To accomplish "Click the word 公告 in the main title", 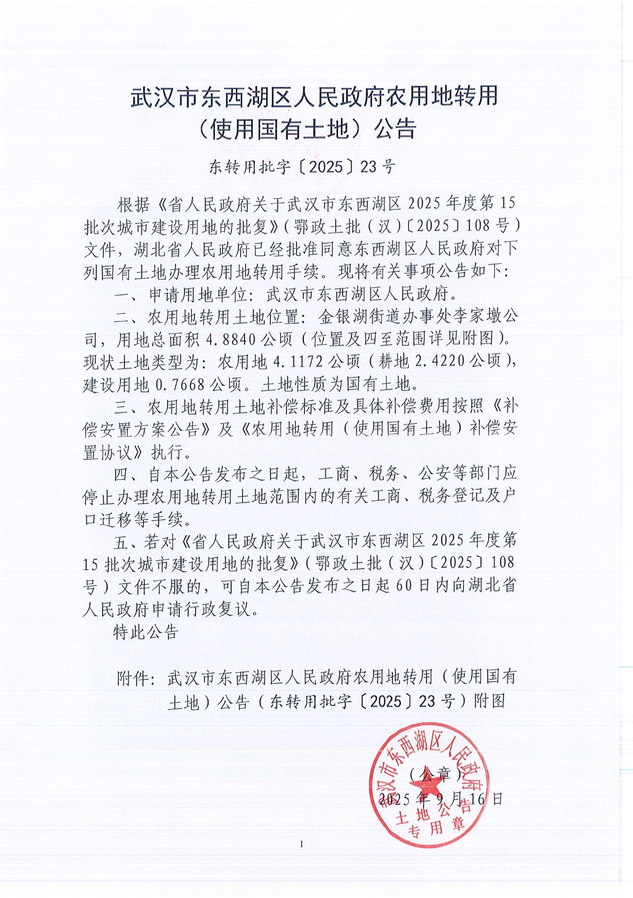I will click(x=396, y=129).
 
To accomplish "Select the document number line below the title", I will click(x=302, y=167).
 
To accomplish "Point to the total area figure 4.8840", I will click(x=231, y=340).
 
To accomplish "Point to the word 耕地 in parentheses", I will click(x=394, y=362).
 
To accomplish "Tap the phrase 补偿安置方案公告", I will click(x=141, y=430).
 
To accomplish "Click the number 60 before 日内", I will click(x=404, y=585).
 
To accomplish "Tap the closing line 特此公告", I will click(x=146, y=632).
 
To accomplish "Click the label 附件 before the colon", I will click(x=133, y=678).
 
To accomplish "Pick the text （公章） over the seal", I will click(x=435, y=775).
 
